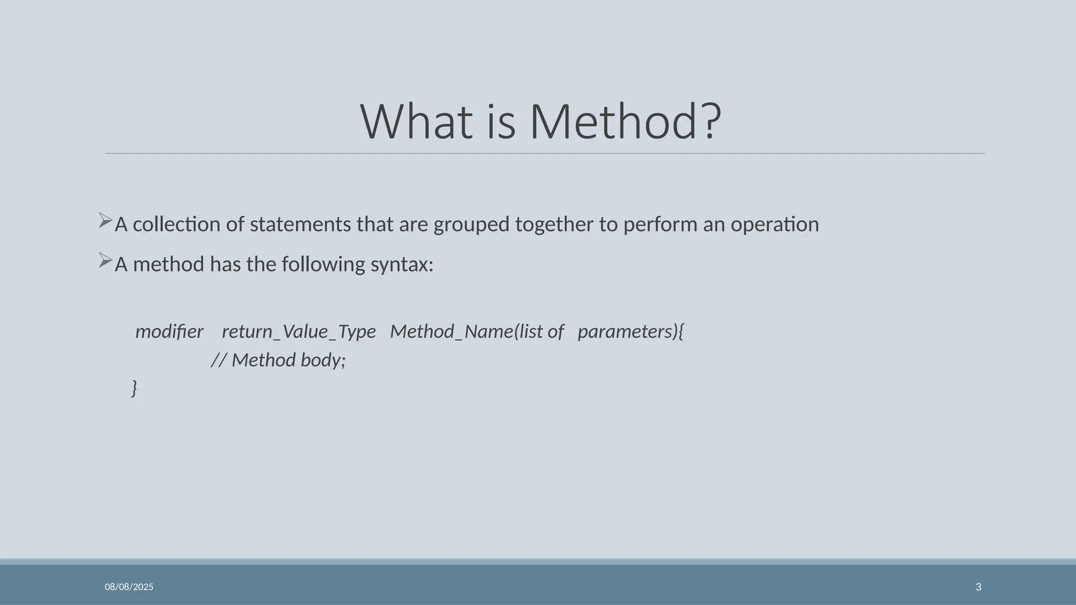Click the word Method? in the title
pyautogui.click(x=625, y=121)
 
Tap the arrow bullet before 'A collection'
pyautogui.click(x=105, y=221)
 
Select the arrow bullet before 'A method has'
pyautogui.click(x=105, y=260)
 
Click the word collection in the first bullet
pyautogui.click(x=177, y=224)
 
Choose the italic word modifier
pyautogui.click(x=169, y=331)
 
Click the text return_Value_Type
pyautogui.click(x=298, y=332)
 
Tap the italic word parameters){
pyautogui.click(x=630, y=332)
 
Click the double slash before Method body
pyautogui.click(x=219, y=360)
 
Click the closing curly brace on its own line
pyautogui.click(x=134, y=388)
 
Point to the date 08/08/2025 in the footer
pyautogui.click(x=129, y=587)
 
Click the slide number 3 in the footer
pyautogui.click(x=978, y=587)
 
